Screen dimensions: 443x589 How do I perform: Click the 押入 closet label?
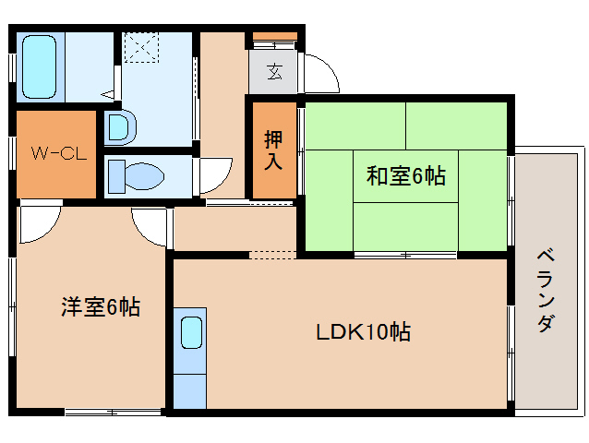point(274,150)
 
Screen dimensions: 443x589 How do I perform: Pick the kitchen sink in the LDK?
point(191,332)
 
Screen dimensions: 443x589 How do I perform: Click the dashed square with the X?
point(143,48)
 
